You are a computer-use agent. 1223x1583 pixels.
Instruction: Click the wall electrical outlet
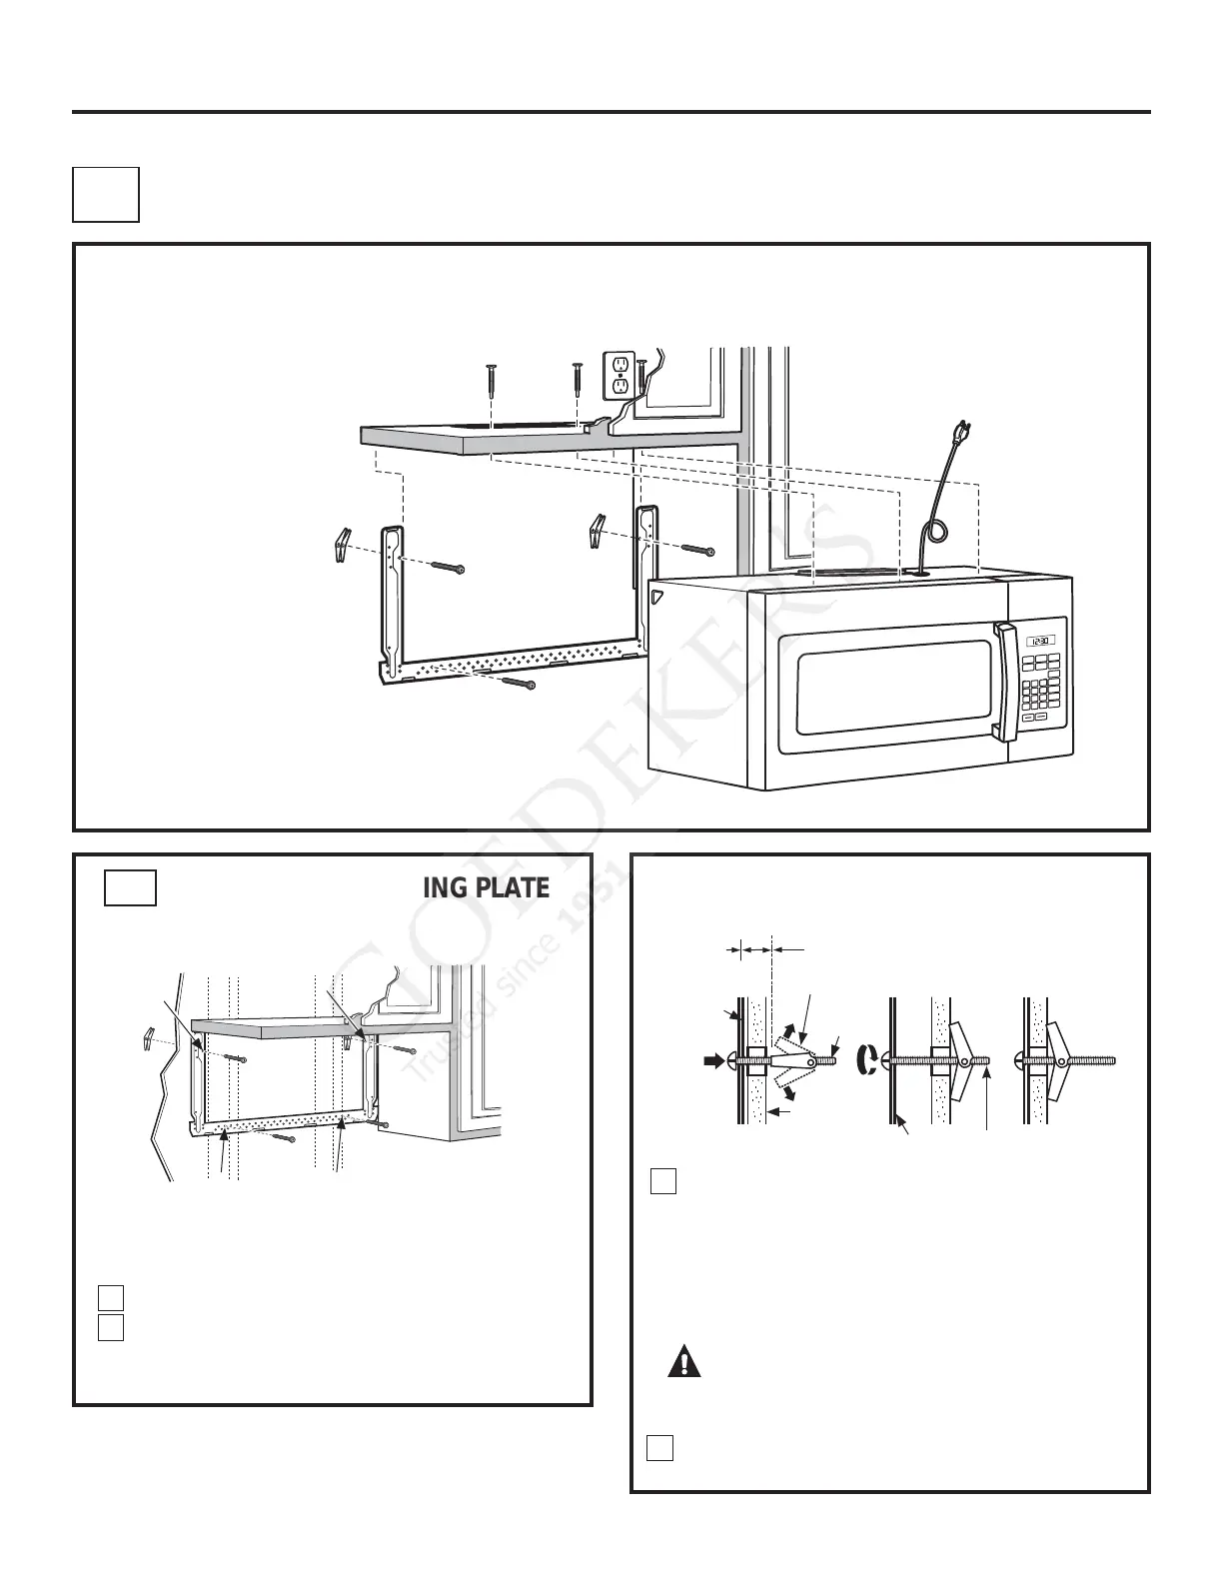click(x=619, y=374)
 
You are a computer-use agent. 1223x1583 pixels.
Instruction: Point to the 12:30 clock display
click(x=1040, y=641)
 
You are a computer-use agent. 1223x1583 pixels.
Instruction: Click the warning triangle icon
click(x=684, y=1362)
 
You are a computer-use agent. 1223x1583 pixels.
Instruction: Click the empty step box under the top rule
click(x=105, y=194)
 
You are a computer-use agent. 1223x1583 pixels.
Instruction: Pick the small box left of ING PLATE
click(x=130, y=887)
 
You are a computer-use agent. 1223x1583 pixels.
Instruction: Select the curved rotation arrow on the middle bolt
click(x=867, y=1060)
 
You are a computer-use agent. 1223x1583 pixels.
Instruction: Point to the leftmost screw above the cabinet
click(x=492, y=380)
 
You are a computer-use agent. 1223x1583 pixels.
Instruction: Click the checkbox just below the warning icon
click(x=658, y=1447)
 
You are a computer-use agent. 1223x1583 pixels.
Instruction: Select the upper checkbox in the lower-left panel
click(x=111, y=1297)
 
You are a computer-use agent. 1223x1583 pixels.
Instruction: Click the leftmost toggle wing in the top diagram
click(x=340, y=545)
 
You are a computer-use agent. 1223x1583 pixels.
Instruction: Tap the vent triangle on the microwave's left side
click(x=655, y=597)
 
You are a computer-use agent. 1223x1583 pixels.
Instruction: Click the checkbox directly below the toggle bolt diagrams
click(x=663, y=1180)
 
